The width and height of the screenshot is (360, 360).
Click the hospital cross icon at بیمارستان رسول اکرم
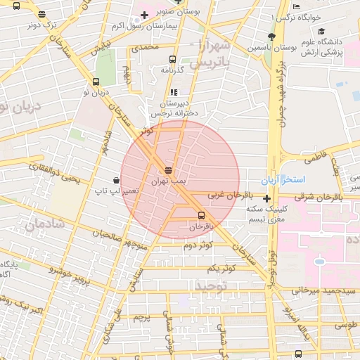click(144, 15)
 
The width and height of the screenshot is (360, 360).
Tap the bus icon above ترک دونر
click(41, 14)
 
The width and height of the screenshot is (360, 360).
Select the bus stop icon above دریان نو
click(96, 82)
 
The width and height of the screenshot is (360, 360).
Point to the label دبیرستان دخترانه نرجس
click(173, 106)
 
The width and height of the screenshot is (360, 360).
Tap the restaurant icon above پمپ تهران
click(168, 170)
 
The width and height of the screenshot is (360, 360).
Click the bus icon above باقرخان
click(202, 215)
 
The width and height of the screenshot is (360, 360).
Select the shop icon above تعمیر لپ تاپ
click(115, 180)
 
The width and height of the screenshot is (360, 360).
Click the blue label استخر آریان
click(280, 181)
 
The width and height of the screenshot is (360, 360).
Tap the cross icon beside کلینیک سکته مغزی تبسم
click(266, 199)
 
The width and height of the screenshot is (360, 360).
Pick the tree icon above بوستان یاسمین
click(271, 37)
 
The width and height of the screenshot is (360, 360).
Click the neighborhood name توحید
click(212, 285)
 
